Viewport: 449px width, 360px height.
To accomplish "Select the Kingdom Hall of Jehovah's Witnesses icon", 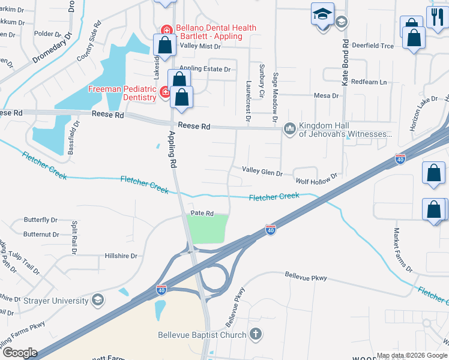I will [290, 128].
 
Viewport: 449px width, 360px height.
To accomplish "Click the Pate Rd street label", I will [202, 213].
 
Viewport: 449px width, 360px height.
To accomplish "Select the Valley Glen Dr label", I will [262, 172].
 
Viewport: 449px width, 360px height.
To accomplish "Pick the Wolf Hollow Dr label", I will [316, 178].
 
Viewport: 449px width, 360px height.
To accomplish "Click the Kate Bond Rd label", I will [345, 63].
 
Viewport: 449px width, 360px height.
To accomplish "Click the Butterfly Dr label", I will [40, 220].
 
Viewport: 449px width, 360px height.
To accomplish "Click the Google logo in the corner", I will [19, 352].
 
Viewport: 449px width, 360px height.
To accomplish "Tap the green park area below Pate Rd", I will [208, 229].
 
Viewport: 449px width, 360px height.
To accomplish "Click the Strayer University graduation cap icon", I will [97, 299].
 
